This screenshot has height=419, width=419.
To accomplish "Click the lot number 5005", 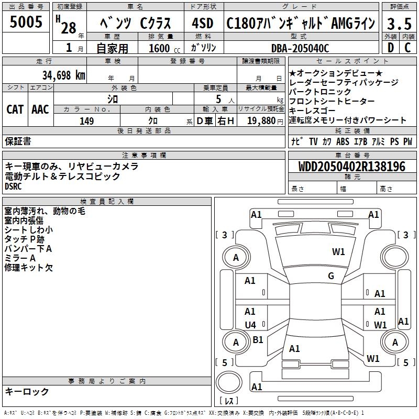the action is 26,22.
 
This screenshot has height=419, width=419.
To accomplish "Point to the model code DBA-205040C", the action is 300,48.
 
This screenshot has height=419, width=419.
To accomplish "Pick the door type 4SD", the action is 203,23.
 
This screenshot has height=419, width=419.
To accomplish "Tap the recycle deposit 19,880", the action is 260,121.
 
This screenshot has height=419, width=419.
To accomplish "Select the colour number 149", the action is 86,121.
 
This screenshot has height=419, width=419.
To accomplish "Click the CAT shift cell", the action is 15,109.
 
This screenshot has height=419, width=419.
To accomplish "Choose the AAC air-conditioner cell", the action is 40,109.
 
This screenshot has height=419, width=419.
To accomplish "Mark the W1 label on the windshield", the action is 338,252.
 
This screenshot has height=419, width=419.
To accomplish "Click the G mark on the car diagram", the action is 331,276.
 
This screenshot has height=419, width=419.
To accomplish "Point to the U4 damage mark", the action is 251,325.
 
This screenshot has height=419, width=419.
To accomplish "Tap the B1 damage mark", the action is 258,340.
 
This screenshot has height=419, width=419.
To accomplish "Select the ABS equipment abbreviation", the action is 343,141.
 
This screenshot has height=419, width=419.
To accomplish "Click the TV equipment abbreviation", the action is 313,141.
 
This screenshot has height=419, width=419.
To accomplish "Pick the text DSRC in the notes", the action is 14,186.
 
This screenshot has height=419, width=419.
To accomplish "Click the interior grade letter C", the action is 407,48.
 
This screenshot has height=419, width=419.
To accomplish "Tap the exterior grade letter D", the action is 390,48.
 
